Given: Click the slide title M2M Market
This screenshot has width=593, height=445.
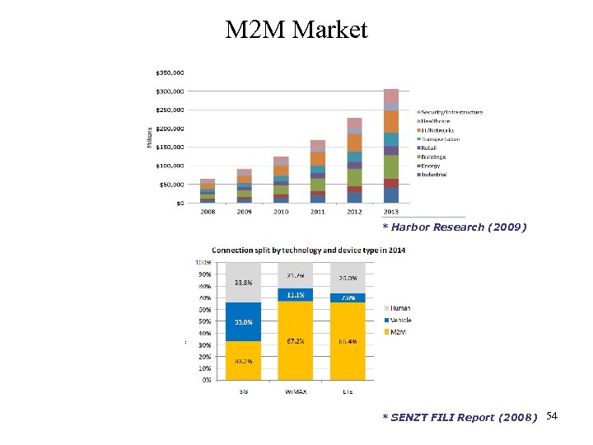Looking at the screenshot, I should click(x=296, y=30).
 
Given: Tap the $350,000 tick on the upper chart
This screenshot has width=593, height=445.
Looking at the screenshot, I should click(x=170, y=72).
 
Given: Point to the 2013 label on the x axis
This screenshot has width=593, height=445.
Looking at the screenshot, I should click(x=390, y=212).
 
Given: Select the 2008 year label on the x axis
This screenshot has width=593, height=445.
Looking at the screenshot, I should click(x=208, y=212).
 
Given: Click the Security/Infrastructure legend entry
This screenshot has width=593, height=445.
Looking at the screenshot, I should click(x=452, y=112).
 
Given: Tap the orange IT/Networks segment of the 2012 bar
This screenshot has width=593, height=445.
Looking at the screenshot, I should click(x=354, y=142).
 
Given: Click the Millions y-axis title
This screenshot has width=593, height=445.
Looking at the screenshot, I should click(x=150, y=137).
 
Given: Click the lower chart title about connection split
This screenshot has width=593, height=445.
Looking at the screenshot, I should click(x=296, y=250).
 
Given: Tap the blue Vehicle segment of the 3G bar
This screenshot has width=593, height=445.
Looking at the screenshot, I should click(x=243, y=321).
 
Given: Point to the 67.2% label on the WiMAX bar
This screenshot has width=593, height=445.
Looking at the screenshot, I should click(x=295, y=339).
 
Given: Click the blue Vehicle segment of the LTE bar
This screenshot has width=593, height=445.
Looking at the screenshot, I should click(x=348, y=297).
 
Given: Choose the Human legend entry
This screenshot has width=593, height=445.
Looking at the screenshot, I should click(x=400, y=309).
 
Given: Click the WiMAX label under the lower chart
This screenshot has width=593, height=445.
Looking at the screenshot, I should click(x=295, y=391).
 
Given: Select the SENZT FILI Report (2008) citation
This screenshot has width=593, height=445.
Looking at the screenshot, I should click(x=460, y=417).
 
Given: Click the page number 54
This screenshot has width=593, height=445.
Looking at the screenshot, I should click(x=552, y=415).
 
